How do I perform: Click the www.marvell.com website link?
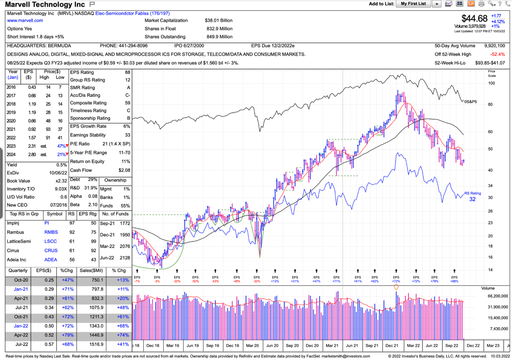point(25,20)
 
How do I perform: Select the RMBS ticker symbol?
point(51,232)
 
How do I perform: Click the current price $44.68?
point(474,18)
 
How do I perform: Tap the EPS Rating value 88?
point(127,72)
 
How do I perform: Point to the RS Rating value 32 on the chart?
point(472,199)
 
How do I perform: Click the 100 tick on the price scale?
point(492,83)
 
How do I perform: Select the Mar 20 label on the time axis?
point(252,346)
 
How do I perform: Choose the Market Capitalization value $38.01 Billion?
point(219,20)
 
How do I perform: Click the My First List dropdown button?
point(436,4)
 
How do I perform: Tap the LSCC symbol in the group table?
point(51,241)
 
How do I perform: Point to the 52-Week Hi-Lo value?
point(490,63)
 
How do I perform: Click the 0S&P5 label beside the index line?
point(471,101)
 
